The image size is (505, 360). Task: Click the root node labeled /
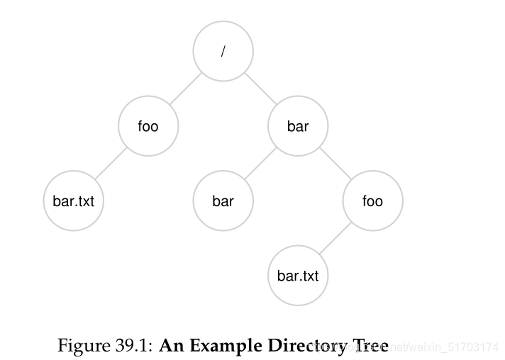tap(223, 52)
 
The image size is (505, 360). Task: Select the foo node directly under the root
tap(148, 126)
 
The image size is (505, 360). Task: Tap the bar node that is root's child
tap(298, 126)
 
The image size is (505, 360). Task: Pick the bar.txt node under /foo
tap(73, 201)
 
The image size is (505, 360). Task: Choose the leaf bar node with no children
tap(223, 201)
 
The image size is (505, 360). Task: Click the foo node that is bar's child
tap(372, 201)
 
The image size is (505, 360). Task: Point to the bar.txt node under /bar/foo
tap(298, 275)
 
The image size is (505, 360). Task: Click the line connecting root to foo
tap(185, 89)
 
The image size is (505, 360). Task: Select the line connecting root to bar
tap(260, 89)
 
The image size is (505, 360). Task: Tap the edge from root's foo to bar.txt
tap(111, 164)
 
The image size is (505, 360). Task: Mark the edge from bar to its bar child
tap(260, 164)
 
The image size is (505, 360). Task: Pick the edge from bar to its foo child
tap(335, 164)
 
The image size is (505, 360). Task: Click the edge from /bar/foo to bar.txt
tap(335, 238)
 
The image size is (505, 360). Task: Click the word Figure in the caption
tap(79, 347)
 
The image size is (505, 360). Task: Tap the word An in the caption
tap(171, 347)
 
